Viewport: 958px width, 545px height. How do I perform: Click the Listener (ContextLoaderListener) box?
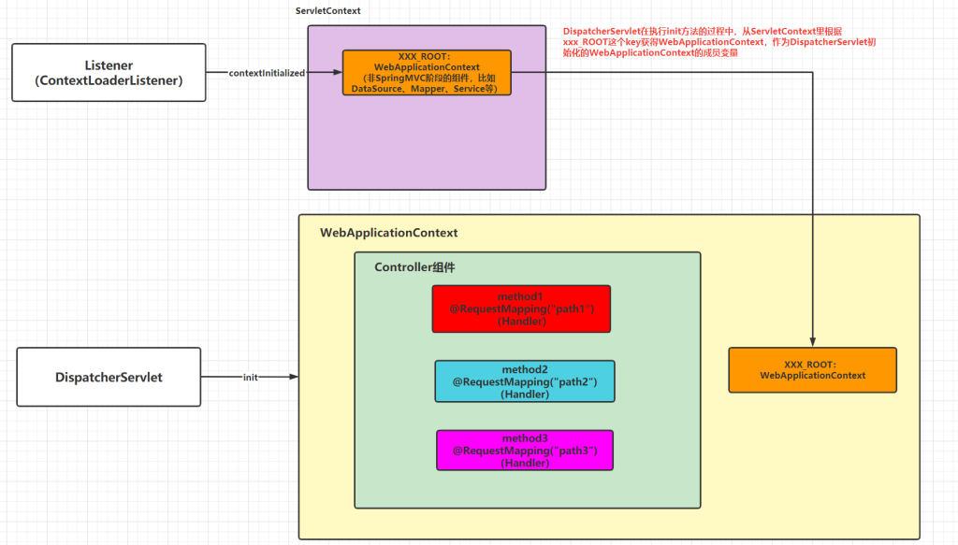coord(109,73)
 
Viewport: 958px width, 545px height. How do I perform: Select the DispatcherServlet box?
coord(109,377)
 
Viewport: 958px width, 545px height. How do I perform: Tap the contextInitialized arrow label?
coord(267,73)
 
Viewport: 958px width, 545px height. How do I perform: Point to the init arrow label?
coord(251,377)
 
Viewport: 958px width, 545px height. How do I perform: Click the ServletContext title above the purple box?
coord(328,11)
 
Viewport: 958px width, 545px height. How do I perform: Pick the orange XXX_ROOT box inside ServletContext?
coord(427,73)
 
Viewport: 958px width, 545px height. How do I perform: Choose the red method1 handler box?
coord(521,308)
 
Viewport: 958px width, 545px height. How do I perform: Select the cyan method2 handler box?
coord(525,381)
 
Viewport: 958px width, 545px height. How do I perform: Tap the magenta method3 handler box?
coord(525,451)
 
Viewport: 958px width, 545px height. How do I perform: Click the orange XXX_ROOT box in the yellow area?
coord(813,370)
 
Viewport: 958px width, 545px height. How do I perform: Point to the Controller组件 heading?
coord(414,267)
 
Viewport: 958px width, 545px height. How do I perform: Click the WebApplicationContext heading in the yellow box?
coord(388,233)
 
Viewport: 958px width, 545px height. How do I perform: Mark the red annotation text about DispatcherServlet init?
coord(719,42)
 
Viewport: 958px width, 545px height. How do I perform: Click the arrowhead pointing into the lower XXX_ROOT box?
coord(813,342)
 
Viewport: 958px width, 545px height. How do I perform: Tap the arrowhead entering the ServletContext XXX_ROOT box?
coord(337,72)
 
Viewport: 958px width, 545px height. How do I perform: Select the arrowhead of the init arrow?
coord(294,377)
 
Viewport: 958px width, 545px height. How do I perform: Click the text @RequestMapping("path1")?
coord(522,308)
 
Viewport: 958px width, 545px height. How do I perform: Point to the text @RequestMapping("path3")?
coord(525,451)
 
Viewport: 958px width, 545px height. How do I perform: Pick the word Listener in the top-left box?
coord(109,65)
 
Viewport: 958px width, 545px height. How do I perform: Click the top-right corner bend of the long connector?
coord(813,73)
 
